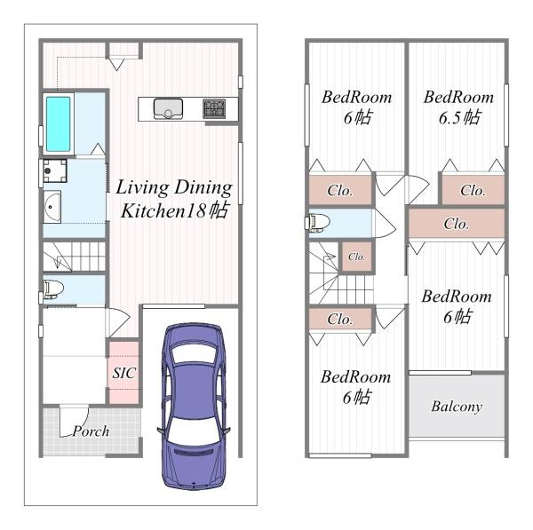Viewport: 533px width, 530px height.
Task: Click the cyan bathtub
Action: coord(58,124)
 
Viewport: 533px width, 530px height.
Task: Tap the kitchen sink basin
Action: coord(168,108)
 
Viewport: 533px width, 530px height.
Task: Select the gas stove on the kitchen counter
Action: coord(214,108)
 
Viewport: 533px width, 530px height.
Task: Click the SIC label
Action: coord(124,373)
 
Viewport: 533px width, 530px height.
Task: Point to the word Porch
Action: coord(91,431)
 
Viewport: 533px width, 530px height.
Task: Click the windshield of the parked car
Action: coord(194,431)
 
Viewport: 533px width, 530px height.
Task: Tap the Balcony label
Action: coord(457,407)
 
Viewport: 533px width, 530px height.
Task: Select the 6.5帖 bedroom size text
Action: coord(459,117)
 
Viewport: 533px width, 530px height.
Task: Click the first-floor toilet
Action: coord(52,289)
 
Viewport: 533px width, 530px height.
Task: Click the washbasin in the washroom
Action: coord(52,207)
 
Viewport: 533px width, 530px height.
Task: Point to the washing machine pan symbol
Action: coord(55,170)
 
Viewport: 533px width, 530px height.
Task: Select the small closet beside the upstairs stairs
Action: coord(357,257)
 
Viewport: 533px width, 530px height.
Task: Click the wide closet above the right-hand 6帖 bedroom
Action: coord(457,224)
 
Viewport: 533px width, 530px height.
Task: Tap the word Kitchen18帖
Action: coord(174,211)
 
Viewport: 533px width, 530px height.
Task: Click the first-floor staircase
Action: coord(74,257)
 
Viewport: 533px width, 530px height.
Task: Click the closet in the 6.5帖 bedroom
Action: coord(473,190)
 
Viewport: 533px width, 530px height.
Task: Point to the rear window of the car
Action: coord(194,354)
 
